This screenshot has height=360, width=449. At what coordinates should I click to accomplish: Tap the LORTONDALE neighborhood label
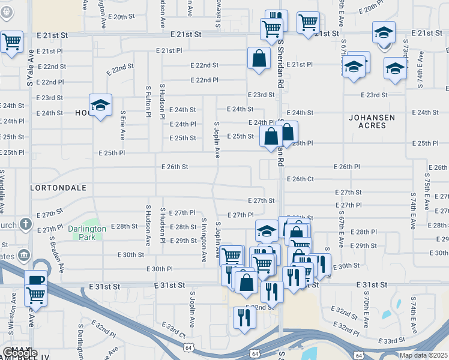pos(58,188)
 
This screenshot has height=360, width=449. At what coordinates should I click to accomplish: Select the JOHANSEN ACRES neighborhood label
pos(372,122)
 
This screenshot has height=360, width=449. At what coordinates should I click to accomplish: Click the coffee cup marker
pos(35,280)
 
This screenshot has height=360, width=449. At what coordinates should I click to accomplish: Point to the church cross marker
pos(25,224)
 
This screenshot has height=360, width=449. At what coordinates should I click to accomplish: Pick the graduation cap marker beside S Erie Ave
pos(100,105)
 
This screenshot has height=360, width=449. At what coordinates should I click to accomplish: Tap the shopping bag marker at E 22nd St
pos(259,59)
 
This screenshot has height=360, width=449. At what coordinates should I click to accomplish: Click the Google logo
pos(20,353)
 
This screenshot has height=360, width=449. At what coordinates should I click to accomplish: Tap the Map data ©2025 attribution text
pos(423,355)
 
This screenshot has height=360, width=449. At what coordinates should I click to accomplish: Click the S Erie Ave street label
pos(123,125)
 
